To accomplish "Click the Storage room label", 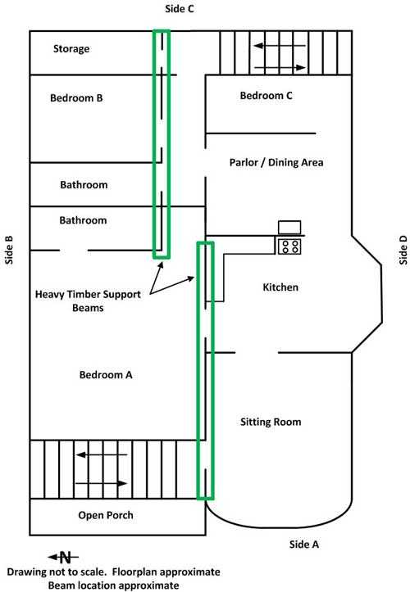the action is pyautogui.click(x=71, y=48).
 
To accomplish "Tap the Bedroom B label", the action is pyautogui.click(x=76, y=98).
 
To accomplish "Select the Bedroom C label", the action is pyautogui.click(x=266, y=96).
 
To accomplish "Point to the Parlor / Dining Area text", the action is pyautogui.click(x=276, y=163).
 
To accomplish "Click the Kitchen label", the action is pyautogui.click(x=280, y=287).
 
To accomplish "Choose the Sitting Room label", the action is pyautogui.click(x=271, y=422).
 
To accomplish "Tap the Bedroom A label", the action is pyautogui.click(x=106, y=375).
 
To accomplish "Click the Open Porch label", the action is pyautogui.click(x=106, y=515).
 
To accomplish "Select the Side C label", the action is pyautogui.click(x=180, y=9).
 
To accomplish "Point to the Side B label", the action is pyautogui.click(x=9, y=250).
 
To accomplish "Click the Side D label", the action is pyautogui.click(x=403, y=250).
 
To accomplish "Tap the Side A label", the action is pyautogui.click(x=304, y=545).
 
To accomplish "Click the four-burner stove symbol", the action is pyautogui.click(x=289, y=246).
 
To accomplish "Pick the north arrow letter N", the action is pyautogui.click(x=66, y=558).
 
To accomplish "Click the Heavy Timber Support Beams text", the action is pyautogui.click(x=88, y=301).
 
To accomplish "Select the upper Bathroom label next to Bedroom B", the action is pyautogui.click(x=84, y=185).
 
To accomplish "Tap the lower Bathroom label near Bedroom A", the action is pyautogui.click(x=83, y=220).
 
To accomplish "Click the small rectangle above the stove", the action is pyautogui.click(x=289, y=228).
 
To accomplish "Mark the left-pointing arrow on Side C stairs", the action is pyautogui.click(x=280, y=46).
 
